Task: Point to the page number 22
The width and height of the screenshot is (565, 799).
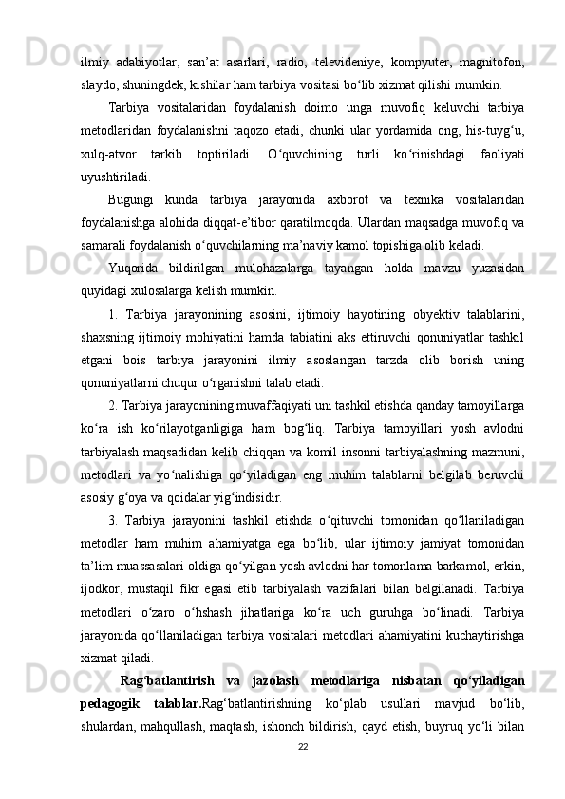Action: [304, 773]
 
